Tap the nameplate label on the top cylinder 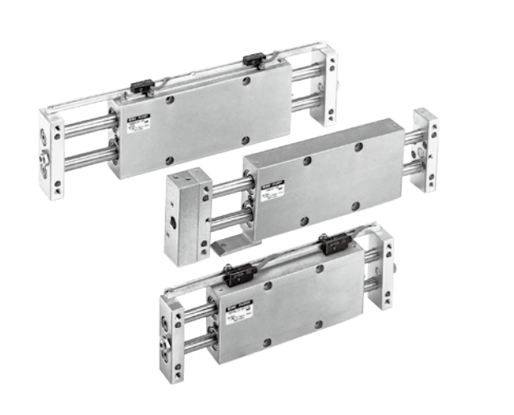(x=136, y=123)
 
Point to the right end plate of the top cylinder (x=325, y=85)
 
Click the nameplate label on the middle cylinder (x=268, y=191)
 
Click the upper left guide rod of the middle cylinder (x=229, y=187)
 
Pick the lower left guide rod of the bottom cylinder (x=197, y=342)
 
